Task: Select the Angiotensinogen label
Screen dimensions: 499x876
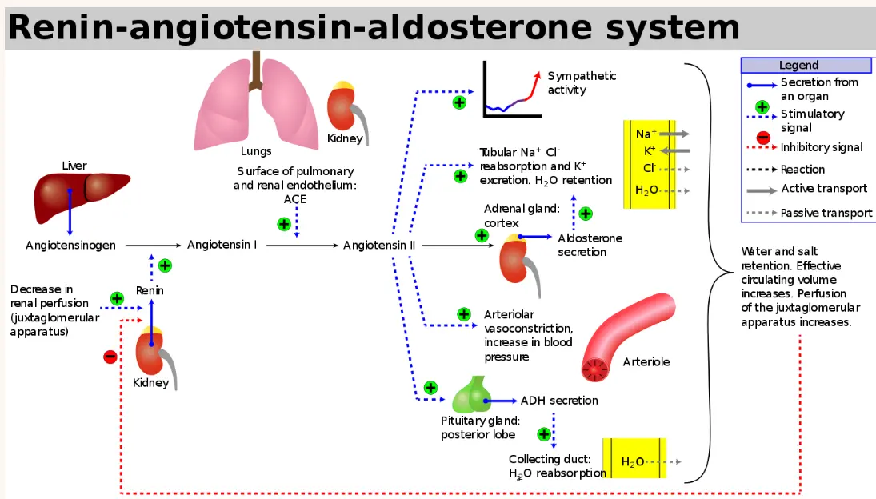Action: pos(70,246)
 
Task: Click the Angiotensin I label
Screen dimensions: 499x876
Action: pos(222,245)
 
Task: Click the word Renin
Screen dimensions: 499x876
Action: pos(150,290)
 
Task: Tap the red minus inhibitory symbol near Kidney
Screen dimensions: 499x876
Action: pos(110,357)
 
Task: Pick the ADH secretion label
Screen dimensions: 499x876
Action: pos(558,401)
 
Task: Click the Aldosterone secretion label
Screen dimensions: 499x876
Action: pos(590,245)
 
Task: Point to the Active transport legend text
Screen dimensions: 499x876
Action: pos(824,189)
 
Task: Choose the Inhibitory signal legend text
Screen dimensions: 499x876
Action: pos(822,147)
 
